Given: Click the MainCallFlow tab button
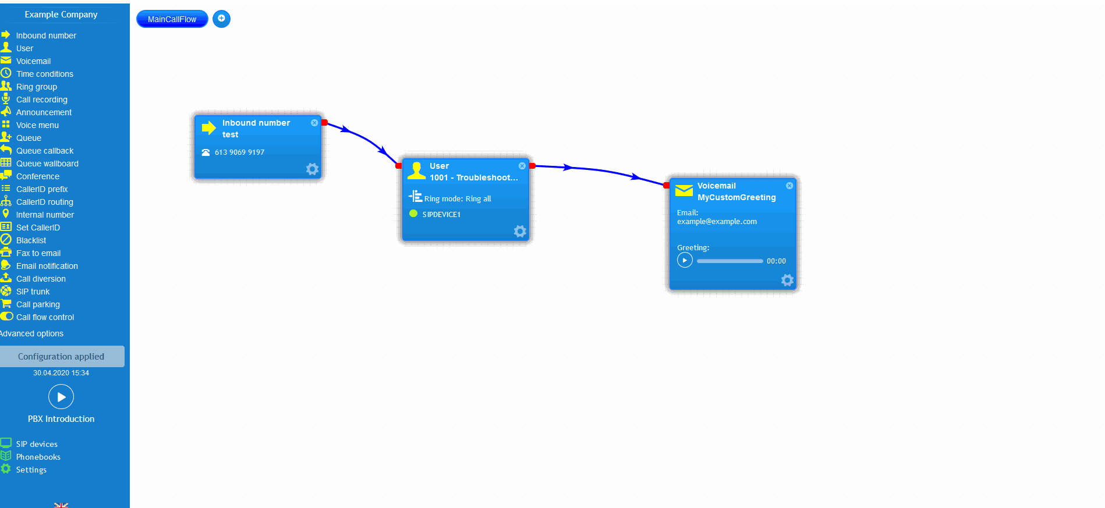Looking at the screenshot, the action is coord(172,19).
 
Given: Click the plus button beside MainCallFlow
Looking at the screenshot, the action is coord(221,19).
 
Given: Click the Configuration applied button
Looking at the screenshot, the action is coord(61,357).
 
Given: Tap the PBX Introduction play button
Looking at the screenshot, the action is coord(61,397).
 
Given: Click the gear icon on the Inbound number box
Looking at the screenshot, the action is coord(312,169).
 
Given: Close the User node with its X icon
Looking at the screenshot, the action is coord(522,166).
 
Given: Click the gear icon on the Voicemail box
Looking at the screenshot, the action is coord(787,280).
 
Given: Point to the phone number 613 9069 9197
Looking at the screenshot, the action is coord(239,152).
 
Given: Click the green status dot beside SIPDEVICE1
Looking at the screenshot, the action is coord(413,214).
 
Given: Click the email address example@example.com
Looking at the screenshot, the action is coord(717,222).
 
